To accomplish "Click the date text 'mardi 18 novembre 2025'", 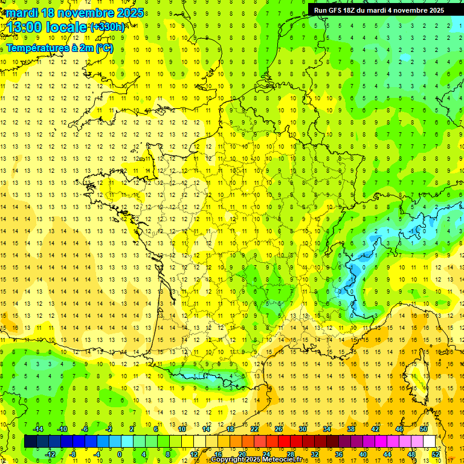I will coord(75,13).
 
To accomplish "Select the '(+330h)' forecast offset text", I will coord(108,27).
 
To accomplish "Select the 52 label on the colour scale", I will coord(435,454).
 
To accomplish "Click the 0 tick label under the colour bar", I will coord(120,454).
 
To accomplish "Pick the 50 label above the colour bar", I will coord(423,428).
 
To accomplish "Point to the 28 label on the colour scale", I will coord(290,454).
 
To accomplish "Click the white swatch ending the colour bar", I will coord(429,441).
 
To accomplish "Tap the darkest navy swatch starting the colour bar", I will coord(30,441).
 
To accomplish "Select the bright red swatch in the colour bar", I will coord(284,441).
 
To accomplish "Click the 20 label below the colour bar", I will coord(242,454).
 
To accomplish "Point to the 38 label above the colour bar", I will coord(350,428).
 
